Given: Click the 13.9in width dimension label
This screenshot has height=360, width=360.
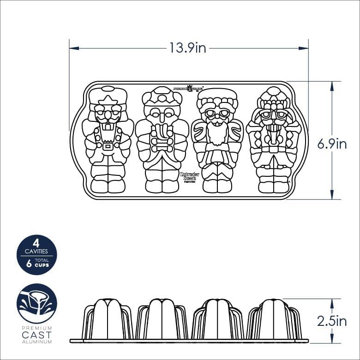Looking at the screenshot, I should click(x=187, y=48).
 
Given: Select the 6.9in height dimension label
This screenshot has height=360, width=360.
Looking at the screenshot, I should click(x=332, y=144).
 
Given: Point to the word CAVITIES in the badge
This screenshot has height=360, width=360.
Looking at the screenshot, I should click(x=36, y=252).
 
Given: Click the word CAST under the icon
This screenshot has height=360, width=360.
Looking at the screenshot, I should click(x=37, y=336).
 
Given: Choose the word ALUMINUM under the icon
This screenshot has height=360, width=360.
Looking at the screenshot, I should click(x=37, y=342).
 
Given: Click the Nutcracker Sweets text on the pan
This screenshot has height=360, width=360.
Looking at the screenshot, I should click(x=188, y=176).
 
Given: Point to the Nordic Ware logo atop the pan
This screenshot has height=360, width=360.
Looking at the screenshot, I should click(x=188, y=88).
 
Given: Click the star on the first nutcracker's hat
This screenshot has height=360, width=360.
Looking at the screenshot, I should click(x=108, y=101).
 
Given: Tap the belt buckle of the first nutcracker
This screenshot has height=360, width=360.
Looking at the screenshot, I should click(x=108, y=147).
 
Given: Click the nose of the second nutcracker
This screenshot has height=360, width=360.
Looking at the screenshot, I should click(x=162, y=116).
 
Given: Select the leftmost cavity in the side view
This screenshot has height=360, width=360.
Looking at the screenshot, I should click(x=108, y=319).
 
